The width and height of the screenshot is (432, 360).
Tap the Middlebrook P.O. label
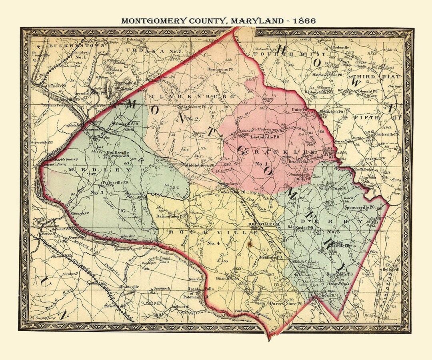coord(203,164)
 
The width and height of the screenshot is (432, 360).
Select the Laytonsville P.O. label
coord(265,137)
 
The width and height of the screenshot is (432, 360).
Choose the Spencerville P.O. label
coord(359,208)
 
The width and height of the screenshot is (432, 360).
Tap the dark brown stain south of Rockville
coord(250,242)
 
